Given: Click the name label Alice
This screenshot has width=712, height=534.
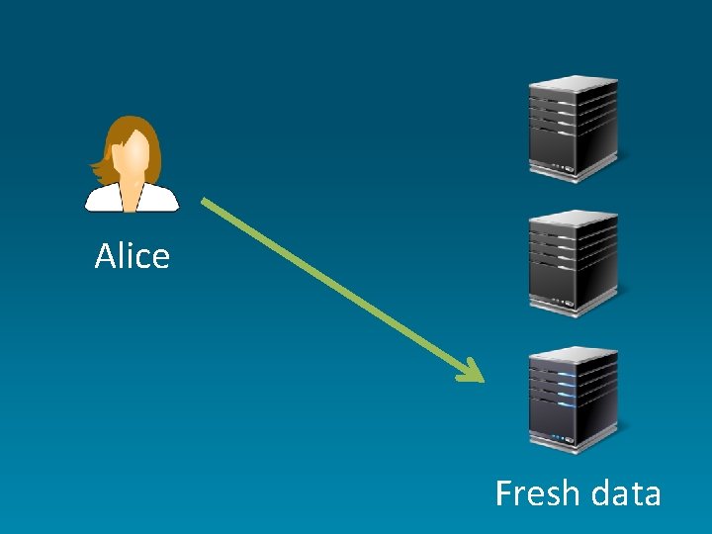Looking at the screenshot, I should coord(133,257).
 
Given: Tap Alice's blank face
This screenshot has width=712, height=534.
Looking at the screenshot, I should coord(135,153).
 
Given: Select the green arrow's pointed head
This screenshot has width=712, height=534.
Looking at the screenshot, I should coord(473,374).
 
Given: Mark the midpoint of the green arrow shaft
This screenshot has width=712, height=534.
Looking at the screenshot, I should coord(341,290).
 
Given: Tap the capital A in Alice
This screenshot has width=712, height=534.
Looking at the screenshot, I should coord(105,257).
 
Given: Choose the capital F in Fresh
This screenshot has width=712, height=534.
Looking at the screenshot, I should coord(504,492).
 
